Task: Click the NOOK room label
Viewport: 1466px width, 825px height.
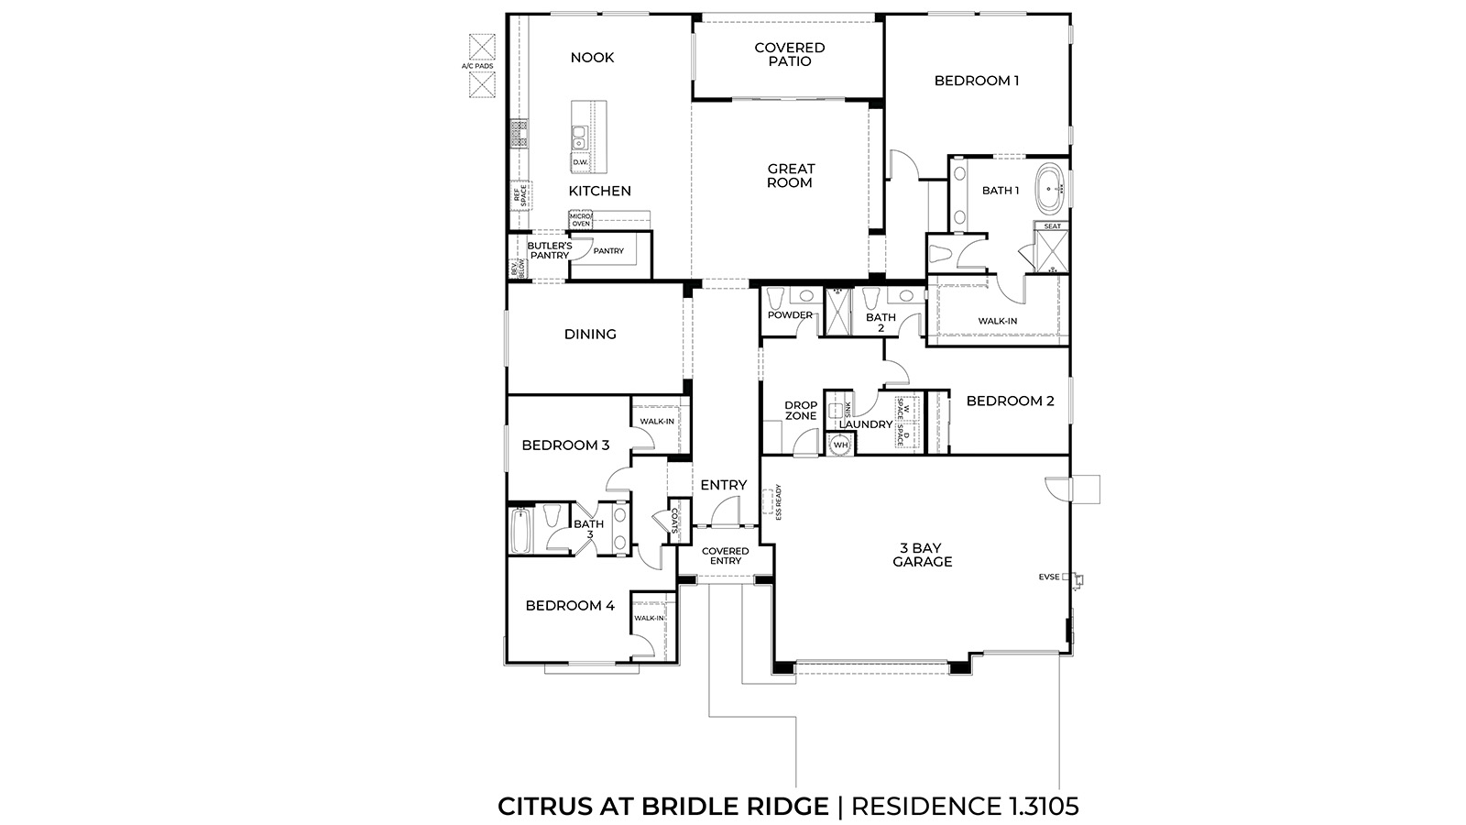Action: (x=592, y=58)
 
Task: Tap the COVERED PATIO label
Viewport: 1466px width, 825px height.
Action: (x=789, y=54)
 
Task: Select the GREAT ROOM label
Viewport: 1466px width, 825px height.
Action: (x=791, y=175)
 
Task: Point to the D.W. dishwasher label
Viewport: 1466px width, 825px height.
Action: (x=580, y=162)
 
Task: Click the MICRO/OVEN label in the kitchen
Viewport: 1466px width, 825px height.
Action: (x=580, y=219)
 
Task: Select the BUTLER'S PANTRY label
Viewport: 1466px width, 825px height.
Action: (x=549, y=250)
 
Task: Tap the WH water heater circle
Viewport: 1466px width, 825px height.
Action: (x=840, y=445)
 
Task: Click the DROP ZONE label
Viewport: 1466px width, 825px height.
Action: (x=801, y=411)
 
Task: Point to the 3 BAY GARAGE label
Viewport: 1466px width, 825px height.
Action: (x=922, y=555)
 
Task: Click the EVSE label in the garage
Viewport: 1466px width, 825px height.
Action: (x=1049, y=577)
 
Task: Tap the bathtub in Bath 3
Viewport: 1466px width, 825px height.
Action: (x=520, y=531)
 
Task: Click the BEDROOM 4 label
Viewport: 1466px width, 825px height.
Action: (x=569, y=605)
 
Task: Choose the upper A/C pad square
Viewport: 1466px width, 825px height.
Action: (x=482, y=47)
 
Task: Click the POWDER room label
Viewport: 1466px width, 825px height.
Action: (x=790, y=315)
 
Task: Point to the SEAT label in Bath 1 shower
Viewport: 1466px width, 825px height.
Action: (x=1053, y=226)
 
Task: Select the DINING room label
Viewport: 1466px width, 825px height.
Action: (x=590, y=335)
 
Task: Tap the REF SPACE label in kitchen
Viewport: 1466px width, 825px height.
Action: (x=520, y=194)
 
